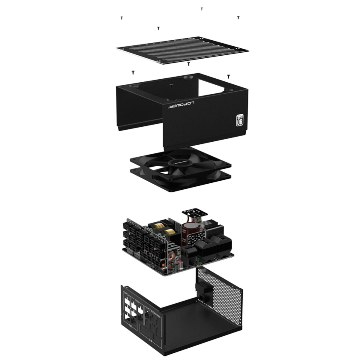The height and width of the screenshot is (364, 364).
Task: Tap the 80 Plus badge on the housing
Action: tap(240, 120)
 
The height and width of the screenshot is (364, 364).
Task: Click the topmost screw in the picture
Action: tap(202, 9)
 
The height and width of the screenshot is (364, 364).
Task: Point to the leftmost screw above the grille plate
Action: tap(122, 18)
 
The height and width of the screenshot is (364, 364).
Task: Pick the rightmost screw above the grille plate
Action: tap(238, 18)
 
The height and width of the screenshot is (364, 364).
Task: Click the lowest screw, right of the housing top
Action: tap(228, 76)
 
